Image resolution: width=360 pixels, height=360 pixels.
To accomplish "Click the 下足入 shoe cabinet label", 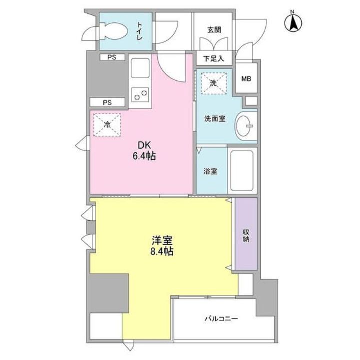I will point(214,59).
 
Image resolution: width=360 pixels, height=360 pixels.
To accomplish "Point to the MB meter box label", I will point(246,79).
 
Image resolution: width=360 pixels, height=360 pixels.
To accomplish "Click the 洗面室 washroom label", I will point(214,119).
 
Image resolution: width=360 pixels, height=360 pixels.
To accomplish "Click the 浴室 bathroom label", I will point(210,170).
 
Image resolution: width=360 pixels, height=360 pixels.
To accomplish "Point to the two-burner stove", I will point(141,93).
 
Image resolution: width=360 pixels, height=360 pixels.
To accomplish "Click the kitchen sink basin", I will point(140,67).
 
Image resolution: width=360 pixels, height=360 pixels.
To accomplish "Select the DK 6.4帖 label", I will point(144,151).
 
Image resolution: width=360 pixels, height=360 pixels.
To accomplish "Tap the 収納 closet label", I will point(246,235).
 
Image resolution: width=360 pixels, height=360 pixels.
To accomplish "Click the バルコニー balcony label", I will point(220,318).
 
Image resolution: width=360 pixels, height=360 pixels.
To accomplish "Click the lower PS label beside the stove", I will point(107,102).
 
